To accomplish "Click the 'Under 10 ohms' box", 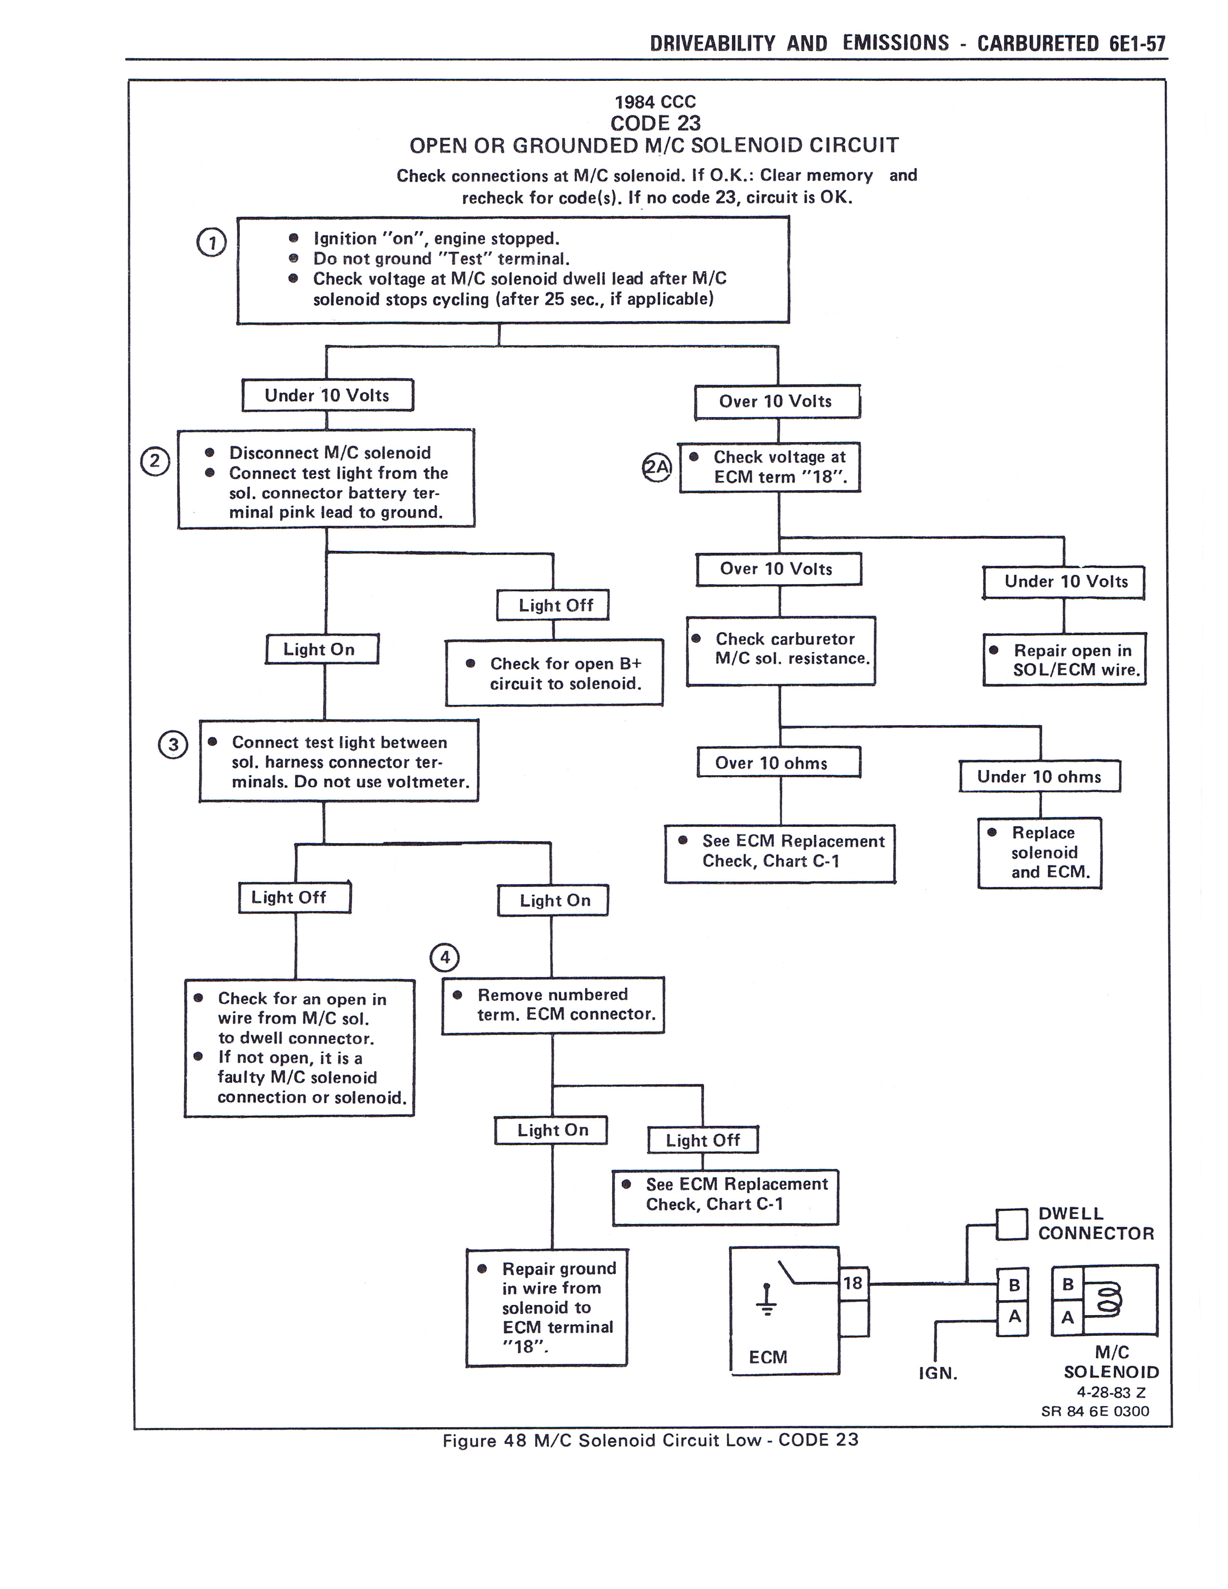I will pos(1039,776).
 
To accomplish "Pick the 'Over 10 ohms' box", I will pos(778,763).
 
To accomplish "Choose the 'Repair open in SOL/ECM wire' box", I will pos(1064,660).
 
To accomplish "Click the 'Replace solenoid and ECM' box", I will pos(1040,853).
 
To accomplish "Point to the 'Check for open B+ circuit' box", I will pos(554,673).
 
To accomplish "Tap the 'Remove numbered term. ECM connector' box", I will pos(553,1005).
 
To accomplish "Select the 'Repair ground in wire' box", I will pos(547,1307).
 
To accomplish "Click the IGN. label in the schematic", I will pos(938,1373).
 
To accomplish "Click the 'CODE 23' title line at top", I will pos(655,123).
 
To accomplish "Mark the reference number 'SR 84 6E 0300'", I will pos(1095,1411).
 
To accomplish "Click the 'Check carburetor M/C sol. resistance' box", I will pos(781,651).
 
